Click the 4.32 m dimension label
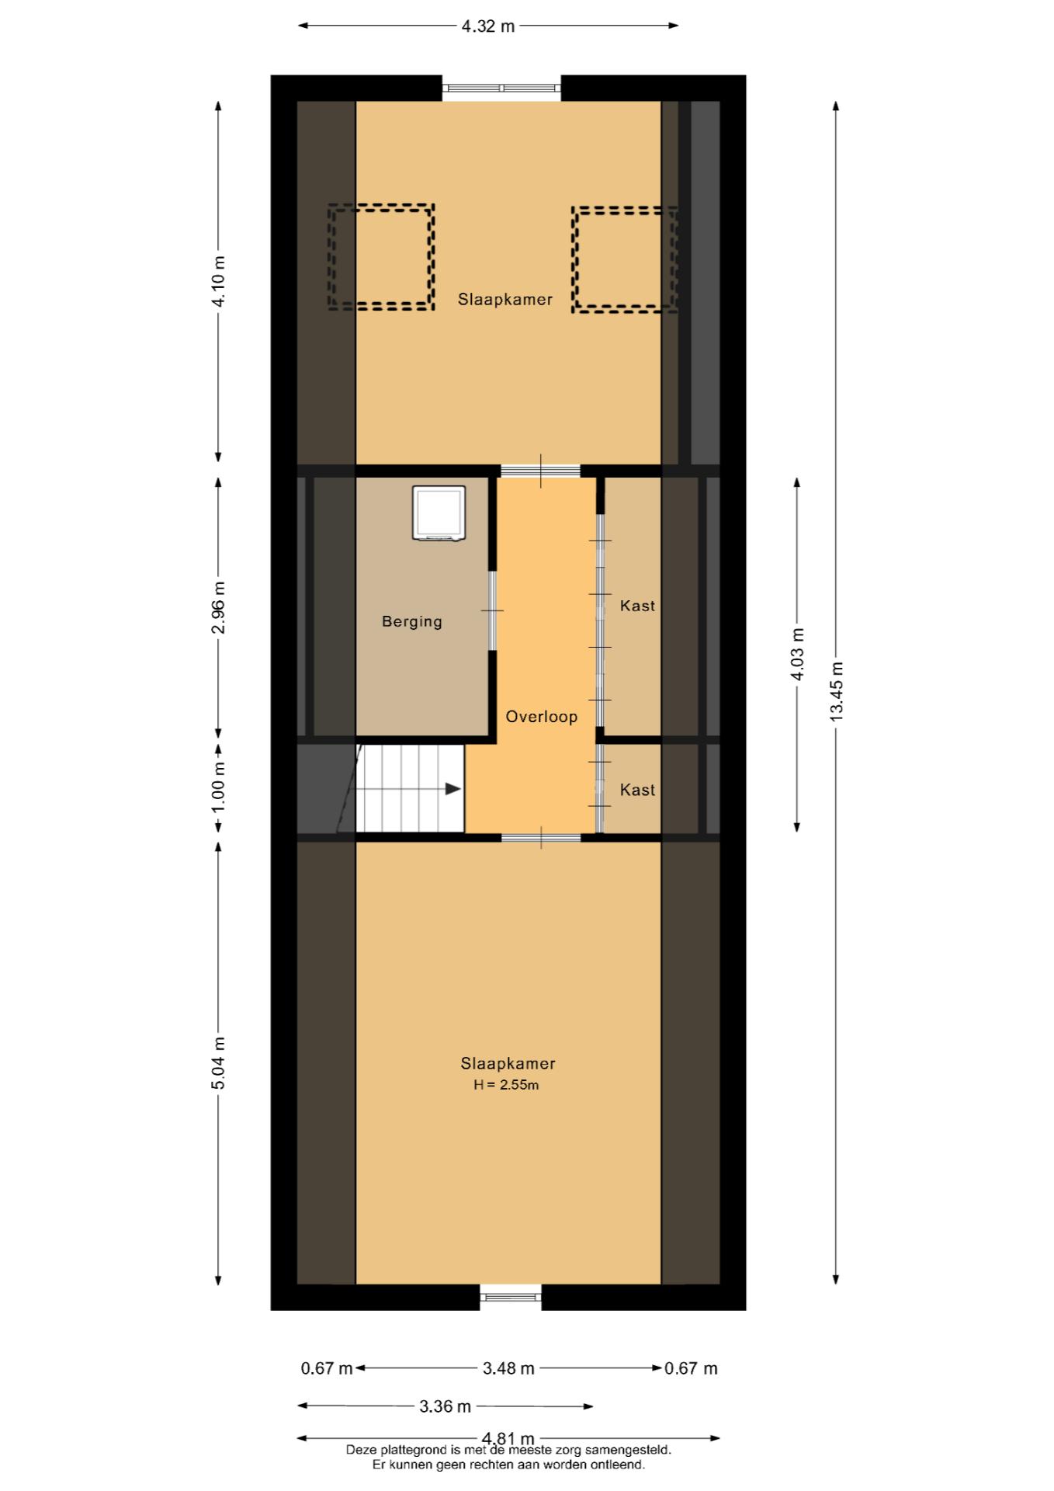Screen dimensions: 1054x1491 tap(488, 26)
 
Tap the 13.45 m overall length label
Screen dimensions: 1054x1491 tap(837, 692)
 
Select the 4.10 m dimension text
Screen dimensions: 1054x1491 tap(219, 281)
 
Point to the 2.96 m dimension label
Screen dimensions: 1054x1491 tap(219, 607)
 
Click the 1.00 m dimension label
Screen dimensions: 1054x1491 tap(219, 787)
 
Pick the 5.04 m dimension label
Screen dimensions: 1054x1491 tap(219, 1063)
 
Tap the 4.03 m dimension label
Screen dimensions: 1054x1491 tap(798, 654)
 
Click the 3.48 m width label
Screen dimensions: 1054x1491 tap(508, 1368)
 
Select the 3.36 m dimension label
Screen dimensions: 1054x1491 tap(446, 1406)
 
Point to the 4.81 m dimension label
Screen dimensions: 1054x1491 tap(508, 1439)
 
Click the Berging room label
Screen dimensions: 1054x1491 tap(412, 622)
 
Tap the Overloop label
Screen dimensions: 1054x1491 tap(542, 717)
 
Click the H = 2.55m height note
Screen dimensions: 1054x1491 tap(506, 1085)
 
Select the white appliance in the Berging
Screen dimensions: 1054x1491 tap(439, 513)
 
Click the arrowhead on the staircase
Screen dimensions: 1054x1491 tap(453, 789)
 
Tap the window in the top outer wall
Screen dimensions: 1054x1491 tap(501, 88)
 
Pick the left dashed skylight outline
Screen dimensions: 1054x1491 tap(380, 257)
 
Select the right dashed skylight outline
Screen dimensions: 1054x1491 tap(625, 259)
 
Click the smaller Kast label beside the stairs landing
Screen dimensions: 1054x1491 tap(637, 790)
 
